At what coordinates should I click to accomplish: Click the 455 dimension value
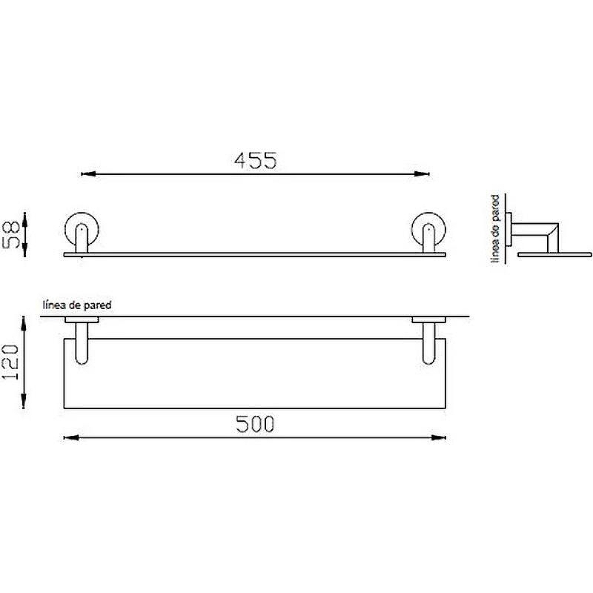pyautogui.click(x=256, y=160)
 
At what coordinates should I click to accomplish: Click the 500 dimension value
pyautogui.click(x=255, y=424)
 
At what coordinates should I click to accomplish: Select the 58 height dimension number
pyautogui.click(x=11, y=235)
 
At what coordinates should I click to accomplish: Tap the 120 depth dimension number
pyautogui.click(x=10, y=362)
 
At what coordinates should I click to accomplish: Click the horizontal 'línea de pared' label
pyautogui.click(x=77, y=305)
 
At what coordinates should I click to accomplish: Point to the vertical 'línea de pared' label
pyautogui.click(x=495, y=229)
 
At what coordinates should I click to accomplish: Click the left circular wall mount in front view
pyautogui.click(x=65, y=229)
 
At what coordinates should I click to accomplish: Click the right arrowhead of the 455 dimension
pyautogui.click(x=422, y=174)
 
